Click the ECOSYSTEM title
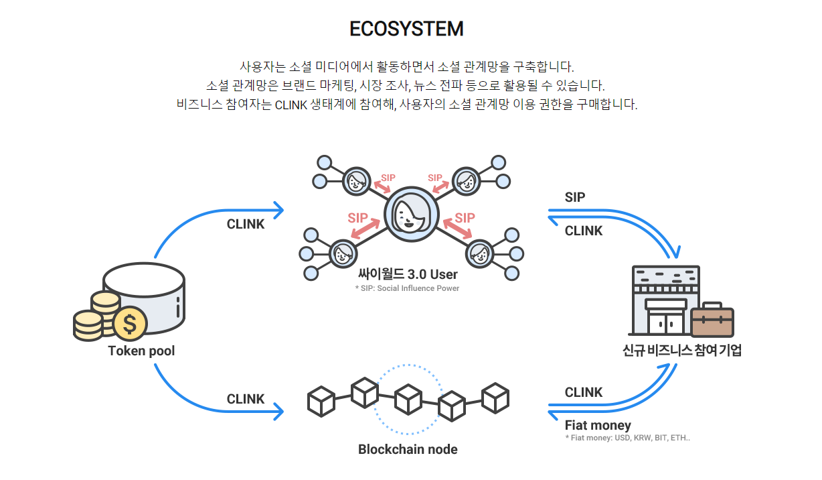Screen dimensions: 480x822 (x=406, y=29)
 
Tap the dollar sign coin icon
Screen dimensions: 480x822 (x=130, y=323)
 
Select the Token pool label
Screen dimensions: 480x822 (x=141, y=351)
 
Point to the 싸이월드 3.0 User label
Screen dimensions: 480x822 (x=408, y=275)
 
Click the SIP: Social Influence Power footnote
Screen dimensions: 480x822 (x=407, y=288)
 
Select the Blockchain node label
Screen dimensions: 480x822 (x=408, y=449)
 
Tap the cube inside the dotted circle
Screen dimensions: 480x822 (x=408, y=399)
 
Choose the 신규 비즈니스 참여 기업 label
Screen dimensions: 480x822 (x=682, y=350)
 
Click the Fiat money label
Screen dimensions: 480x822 (x=598, y=425)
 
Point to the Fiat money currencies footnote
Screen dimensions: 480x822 (x=627, y=438)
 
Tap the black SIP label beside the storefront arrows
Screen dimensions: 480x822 (x=575, y=197)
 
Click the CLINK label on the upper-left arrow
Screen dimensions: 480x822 (x=246, y=224)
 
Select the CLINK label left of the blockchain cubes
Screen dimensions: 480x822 (x=246, y=399)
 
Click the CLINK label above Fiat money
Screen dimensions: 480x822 (x=584, y=392)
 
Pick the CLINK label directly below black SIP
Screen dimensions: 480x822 (x=584, y=231)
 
